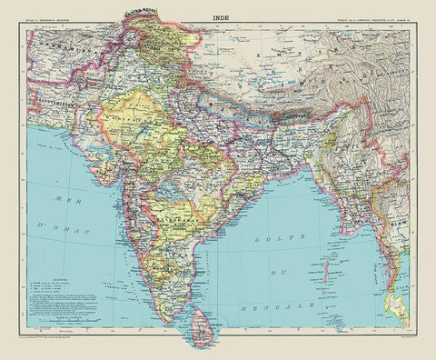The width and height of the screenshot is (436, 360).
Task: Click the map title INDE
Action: pos(219,15)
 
